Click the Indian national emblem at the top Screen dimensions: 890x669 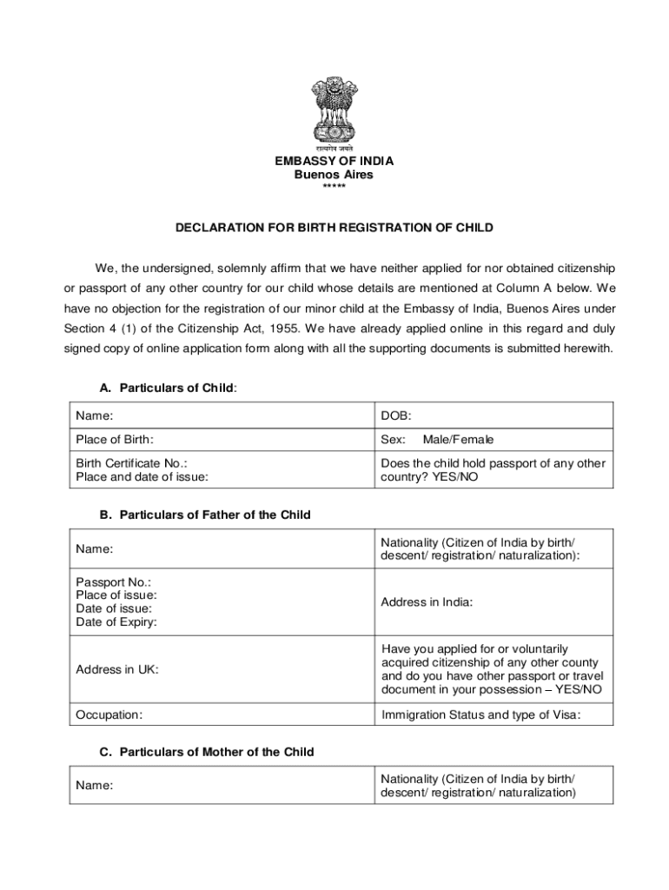click(334, 113)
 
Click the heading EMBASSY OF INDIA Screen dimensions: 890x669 click(334, 161)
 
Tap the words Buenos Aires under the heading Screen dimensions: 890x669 click(334, 175)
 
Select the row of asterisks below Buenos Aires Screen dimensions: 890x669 click(334, 188)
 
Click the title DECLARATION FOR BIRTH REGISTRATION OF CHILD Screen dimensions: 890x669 click(334, 228)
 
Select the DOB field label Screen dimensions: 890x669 click(396, 416)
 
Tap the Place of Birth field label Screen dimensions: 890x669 click(115, 440)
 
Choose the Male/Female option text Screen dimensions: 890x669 click(458, 440)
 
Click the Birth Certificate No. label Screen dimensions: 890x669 click(131, 463)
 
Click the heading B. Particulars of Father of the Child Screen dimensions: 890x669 click(205, 515)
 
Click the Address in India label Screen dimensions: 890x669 click(427, 601)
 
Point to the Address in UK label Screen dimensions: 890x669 click(117, 670)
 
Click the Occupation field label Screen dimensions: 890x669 click(109, 714)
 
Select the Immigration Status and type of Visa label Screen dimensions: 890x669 click(480, 714)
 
